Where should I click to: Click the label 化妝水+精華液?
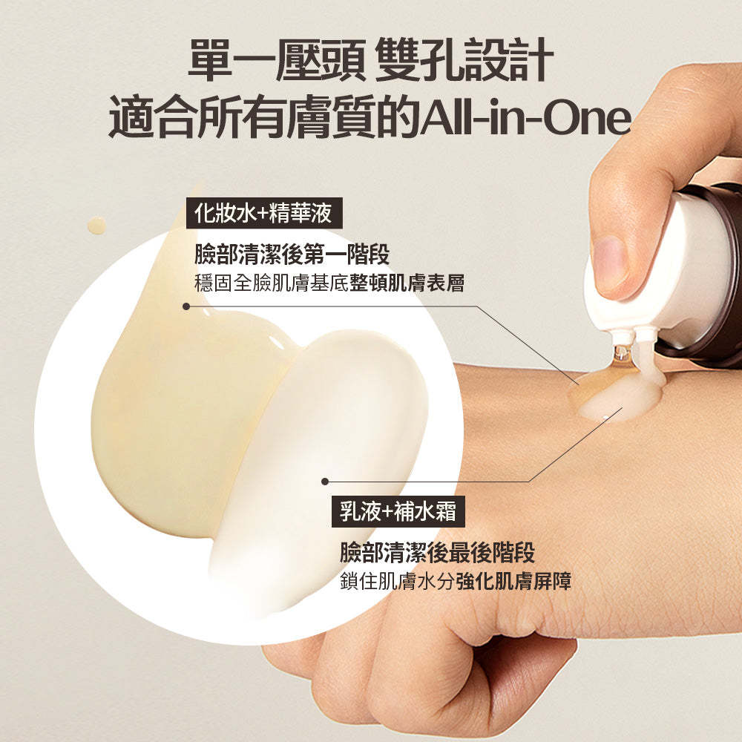point(264,214)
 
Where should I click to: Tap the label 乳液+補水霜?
point(398,511)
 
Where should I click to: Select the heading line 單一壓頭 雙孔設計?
point(371,59)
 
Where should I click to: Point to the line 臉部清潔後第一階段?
point(292,255)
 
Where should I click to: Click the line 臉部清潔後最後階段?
point(437,552)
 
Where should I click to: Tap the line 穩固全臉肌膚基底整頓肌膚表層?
point(329,283)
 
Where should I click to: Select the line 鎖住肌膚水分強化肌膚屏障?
point(456,581)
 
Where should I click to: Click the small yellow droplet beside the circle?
point(96,226)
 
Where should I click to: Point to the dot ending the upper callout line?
point(186,306)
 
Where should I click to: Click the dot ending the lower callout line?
point(325,482)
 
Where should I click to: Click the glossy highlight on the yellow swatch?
point(278,341)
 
